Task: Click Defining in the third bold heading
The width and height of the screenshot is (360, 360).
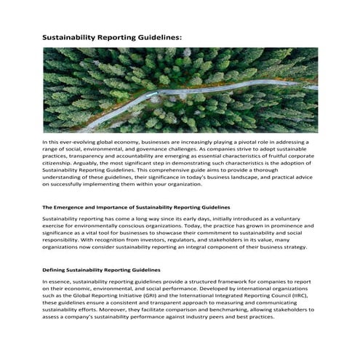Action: point(55,270)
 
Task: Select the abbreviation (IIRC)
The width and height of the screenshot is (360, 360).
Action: point(292,289)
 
